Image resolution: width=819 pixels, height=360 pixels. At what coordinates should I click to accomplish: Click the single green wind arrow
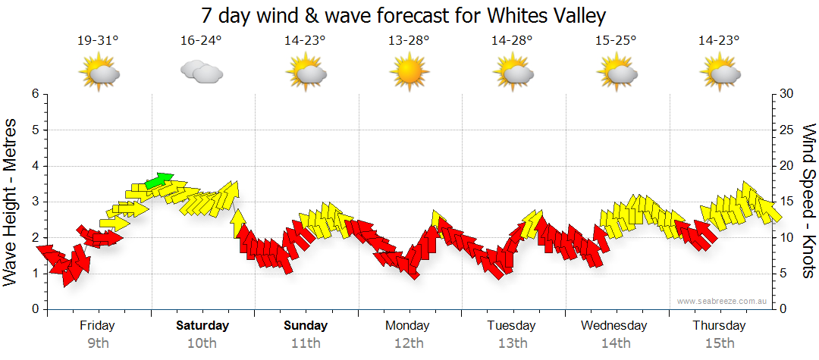[159, 180]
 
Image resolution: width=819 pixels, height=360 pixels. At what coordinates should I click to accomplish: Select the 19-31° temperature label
[98, 41]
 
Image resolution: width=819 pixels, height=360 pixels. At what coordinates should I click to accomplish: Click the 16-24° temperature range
[201, 41]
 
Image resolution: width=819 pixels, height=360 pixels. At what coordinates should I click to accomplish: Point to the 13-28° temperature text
[409, 41]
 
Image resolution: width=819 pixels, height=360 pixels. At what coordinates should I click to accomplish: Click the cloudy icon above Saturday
[201, 73]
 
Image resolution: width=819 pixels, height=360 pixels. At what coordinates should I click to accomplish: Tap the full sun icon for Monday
[409, 73]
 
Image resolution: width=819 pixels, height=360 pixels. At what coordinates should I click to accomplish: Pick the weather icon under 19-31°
[99, 73]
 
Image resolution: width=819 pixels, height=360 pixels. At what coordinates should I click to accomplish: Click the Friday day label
[98, 326]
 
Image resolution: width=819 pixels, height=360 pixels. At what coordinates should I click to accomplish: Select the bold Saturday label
[202, 326]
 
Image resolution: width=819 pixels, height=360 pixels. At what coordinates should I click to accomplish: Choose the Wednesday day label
[614, 326]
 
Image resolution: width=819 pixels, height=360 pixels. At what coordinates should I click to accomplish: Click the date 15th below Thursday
[719, 343]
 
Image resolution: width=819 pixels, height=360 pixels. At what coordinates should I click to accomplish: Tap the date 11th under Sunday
[306, 343]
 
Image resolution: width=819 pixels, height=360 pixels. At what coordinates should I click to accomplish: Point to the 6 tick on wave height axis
[35, 94]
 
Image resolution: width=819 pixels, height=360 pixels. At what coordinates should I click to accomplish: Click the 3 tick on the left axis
[35, 202]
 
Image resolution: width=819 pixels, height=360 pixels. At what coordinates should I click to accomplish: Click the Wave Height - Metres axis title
[11, 201]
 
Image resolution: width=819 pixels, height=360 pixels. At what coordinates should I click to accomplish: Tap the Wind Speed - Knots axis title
[809, 201]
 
